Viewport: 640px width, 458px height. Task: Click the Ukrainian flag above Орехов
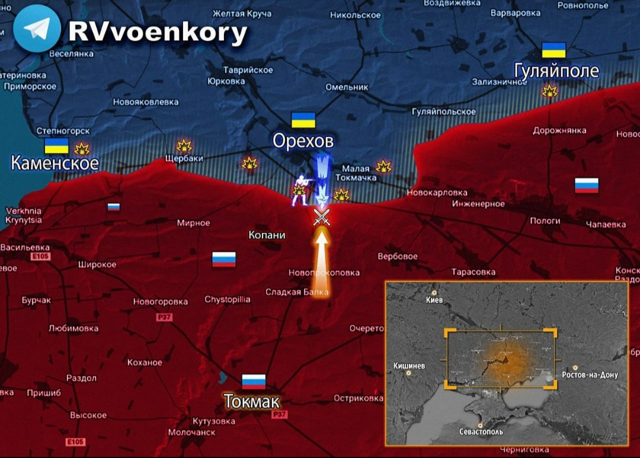pyautogui.click(x=303, y=120)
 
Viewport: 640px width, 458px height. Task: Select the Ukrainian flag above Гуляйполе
pyautogui.click(x=554, y=50)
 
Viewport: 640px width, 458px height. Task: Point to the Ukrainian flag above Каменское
pyautogui.click(x=57, y=146)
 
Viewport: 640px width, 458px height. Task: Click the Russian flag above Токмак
pyautogui.click(x=254, y=382)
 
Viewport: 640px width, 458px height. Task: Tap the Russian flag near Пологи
pyautogui.click(x=586, y=185)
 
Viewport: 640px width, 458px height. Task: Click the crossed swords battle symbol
pyautogui.click(x=322, y=217)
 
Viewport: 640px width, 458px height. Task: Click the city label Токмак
pyautogui.click(x=252, y=402)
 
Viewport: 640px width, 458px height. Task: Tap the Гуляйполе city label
pyautogui.click(x=556, y=72)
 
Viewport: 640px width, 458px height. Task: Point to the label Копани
pyautogui.click(x=267, y=235)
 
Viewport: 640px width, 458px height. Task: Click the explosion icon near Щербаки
pyautogui.click(x=184, y=146)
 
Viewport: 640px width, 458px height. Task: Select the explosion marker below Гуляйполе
pyautogui.click(x=550, y=91)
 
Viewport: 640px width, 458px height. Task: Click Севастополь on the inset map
pyautogui.click(x=481, y=431)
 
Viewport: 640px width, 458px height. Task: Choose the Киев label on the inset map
pyautogui.click(x=434, y=300)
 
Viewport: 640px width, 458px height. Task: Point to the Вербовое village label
pyautogui.click(x=398, y=257)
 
